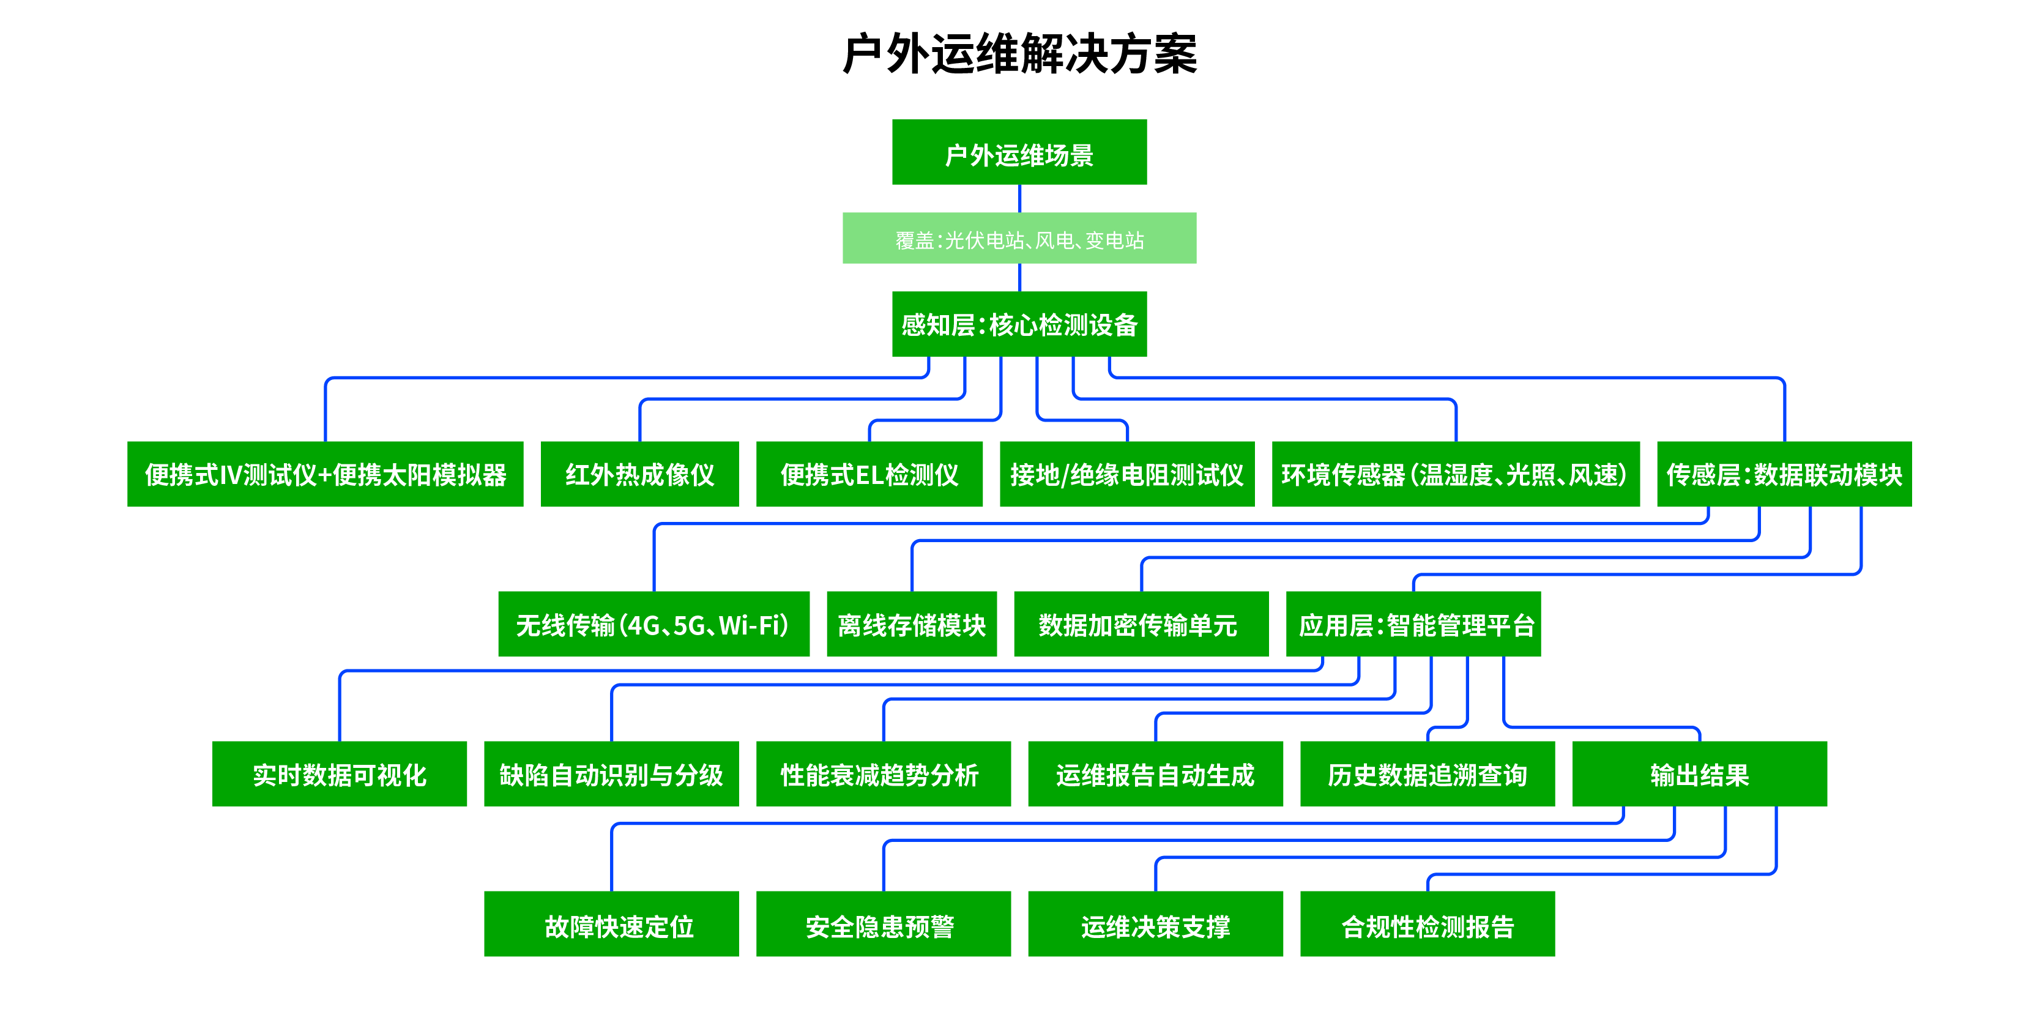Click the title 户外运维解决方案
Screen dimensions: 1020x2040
click(1019, 54)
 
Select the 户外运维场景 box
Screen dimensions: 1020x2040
click(1019, 153)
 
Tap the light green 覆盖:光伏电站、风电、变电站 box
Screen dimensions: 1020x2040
click(1019, 239)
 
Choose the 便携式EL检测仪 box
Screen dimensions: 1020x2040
click(869, 474)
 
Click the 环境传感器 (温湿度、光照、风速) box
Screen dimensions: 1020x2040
click(1455, 474)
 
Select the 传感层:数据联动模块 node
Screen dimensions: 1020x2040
click(1784, 474)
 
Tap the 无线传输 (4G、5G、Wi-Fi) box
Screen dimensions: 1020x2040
click(653, 624)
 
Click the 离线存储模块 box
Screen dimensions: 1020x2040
click(912, 624)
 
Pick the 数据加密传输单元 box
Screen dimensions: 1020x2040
click(1141, 624)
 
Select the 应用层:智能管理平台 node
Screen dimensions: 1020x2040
click(1413, 624)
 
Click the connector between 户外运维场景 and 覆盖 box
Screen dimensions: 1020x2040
click(1019, 199)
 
